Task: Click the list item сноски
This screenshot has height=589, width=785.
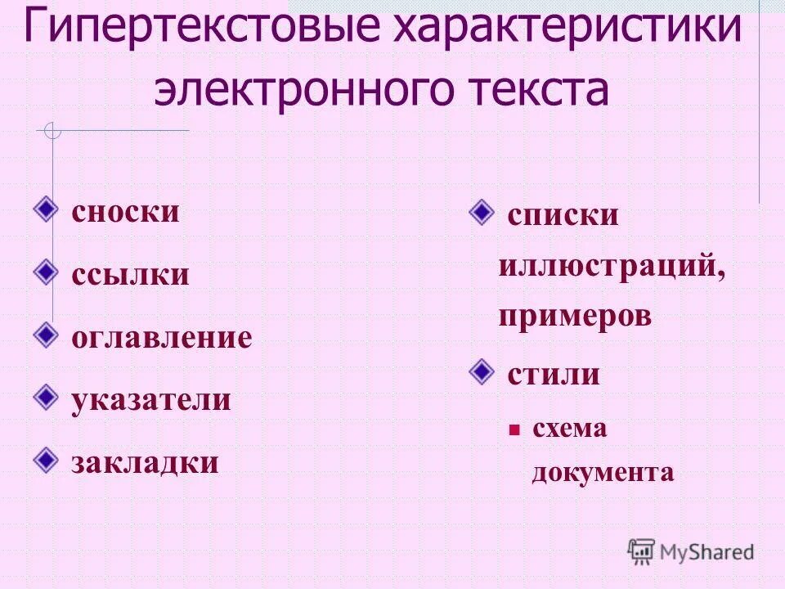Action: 125,212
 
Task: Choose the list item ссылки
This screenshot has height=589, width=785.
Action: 130,274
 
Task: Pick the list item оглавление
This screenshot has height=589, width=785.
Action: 162,337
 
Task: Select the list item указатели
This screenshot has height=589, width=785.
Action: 151,400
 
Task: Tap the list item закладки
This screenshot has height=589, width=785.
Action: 146,462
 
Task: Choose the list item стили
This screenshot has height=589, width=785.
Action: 554,375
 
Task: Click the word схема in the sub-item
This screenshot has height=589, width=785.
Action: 569,428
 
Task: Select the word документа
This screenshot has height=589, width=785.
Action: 603,472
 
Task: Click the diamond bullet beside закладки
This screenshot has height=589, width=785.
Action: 47,459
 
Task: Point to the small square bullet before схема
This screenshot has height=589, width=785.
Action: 514,429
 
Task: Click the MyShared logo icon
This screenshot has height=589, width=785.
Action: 641,551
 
